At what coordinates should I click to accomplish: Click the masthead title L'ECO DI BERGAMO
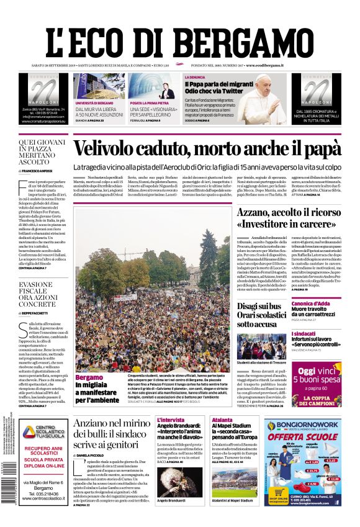click(179, 34)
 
